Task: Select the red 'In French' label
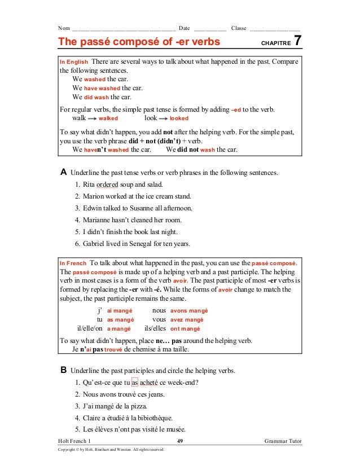73,263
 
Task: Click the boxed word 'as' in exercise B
134,383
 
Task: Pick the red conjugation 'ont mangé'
187,328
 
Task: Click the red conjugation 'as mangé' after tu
124,319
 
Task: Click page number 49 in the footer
179,439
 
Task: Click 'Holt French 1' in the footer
74,439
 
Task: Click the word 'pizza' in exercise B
138,406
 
